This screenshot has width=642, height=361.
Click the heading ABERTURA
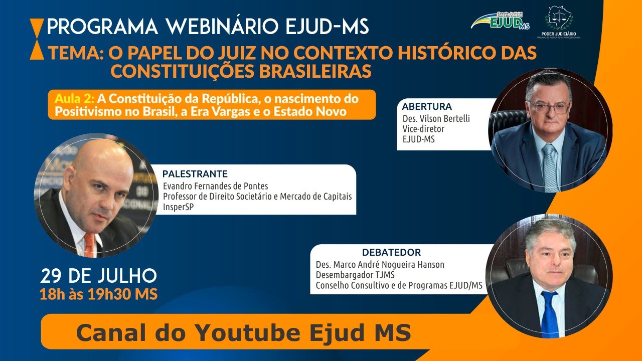[x=427, y=106]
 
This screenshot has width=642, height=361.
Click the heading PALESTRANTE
[x=195, y=174]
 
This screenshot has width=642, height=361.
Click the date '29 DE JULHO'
[x=98, y=275]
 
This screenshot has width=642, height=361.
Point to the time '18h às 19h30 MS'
[x=98, y=293]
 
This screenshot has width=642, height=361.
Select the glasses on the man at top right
[x=549, y=107]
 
